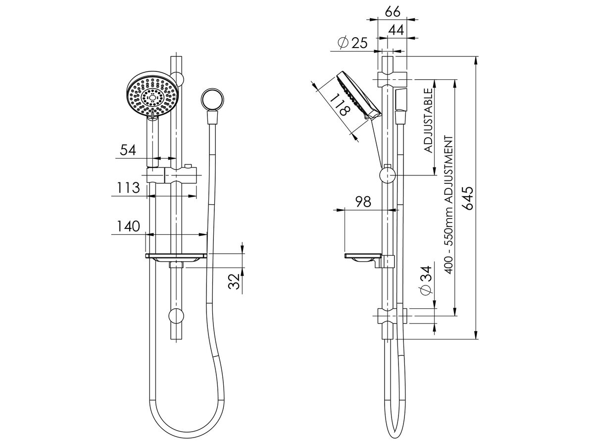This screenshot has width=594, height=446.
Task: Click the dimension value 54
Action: click(x=128, y=149)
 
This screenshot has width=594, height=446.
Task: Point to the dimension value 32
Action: click(x=236, y=280)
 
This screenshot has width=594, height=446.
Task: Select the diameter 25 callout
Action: click(x=352, y=44)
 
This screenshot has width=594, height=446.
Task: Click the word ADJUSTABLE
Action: click(x=429, y=119)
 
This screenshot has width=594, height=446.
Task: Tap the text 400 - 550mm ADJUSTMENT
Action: click(x=449, y=203)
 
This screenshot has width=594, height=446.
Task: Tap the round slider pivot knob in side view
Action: click(x=388, y=175)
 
